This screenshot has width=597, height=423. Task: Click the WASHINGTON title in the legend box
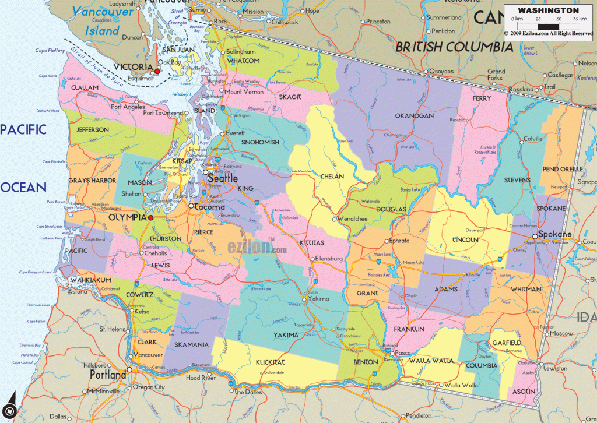coord(549,10)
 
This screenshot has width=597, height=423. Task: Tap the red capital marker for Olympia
coord(151,217)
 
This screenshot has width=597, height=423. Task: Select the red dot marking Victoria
coord(157,70)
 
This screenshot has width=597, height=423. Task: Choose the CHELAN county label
coord(332,175)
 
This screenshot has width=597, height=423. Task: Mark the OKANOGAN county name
coord(414,116)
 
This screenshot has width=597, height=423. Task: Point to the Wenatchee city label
coord(353,219)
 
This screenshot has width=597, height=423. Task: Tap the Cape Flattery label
coord(50,51)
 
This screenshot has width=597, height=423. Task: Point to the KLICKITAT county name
coord(270,362)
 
